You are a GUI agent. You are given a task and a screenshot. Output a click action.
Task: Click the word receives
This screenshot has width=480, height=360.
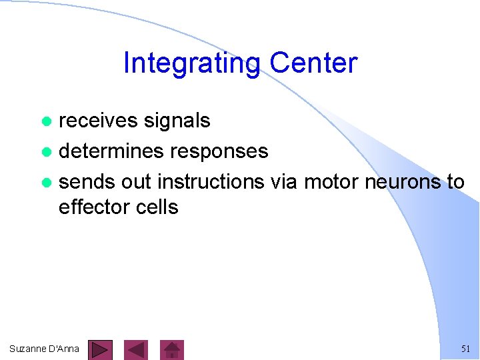coord(97,121)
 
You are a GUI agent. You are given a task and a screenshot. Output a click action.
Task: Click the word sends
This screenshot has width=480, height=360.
coord(87,181)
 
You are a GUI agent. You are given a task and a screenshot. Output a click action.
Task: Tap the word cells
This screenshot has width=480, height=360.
coord(157,207)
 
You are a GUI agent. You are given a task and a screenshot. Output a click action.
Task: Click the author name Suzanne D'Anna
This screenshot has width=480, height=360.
coord(44,349)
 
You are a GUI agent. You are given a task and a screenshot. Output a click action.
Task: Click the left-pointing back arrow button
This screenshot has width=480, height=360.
coord(136,349)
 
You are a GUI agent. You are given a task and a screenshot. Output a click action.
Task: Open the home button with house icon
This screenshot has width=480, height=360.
coord(173,349)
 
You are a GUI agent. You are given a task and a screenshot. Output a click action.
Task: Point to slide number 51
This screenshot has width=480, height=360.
coord(465,349)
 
